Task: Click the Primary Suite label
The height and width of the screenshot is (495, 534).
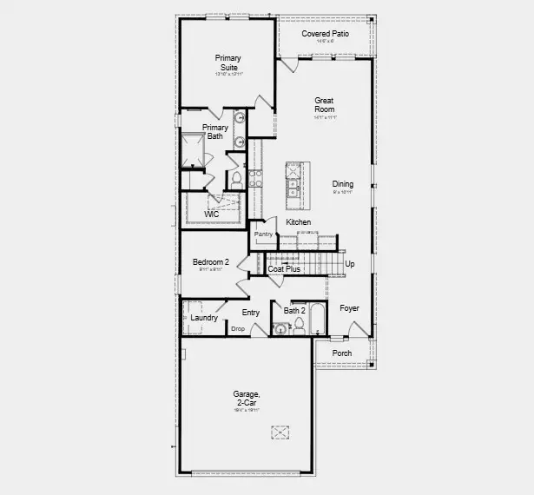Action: click(x=227, y=63)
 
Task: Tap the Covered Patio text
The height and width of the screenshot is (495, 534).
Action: click(x=324, y=34)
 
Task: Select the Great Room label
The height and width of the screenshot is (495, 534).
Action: click(x=324, y=105)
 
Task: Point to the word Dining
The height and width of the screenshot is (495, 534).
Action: click(x=343, y=184)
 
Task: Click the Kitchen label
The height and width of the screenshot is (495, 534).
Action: click(x=299, y=222)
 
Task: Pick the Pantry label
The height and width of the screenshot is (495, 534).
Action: click(x=264, y=234)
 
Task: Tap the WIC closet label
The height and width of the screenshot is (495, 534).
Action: click(x=211, y=214)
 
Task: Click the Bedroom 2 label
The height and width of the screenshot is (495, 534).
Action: click(x=210, y=262)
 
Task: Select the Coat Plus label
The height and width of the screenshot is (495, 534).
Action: click(x=284, y=269)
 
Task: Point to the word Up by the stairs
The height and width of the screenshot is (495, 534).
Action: click(x=350, y=264)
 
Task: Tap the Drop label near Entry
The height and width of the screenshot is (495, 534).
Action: click(x=237, y=327)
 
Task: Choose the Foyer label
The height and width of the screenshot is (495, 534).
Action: click(x=349, y=308)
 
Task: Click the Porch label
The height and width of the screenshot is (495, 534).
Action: click(x=342, y=353)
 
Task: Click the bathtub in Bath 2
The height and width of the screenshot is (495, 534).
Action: click(x=316, y=320)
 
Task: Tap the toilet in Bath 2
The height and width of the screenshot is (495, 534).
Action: click(x=298, y=326)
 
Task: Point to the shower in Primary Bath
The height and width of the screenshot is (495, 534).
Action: click(x=192, y=150)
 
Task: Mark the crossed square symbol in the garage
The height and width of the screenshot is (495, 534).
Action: click(x=280, y=432)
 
